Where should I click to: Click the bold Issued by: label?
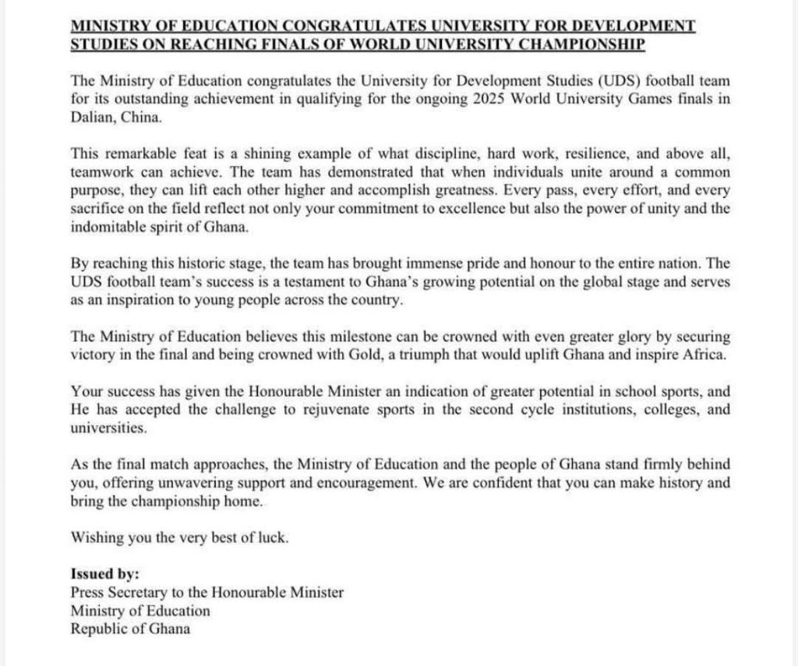coord(104,574)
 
